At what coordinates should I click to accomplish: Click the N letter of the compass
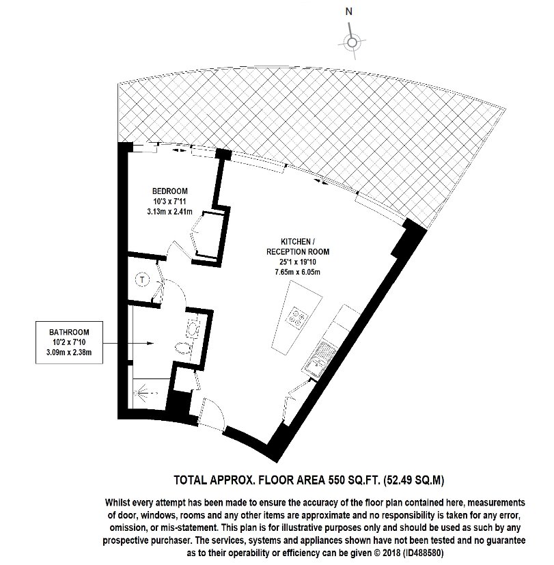(348, 12)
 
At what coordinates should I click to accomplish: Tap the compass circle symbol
(352, 42)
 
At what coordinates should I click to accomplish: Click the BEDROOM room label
(170, 191)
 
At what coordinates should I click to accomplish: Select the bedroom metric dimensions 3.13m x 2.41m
(169, 212)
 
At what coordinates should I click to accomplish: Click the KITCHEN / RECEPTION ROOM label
(298, 247)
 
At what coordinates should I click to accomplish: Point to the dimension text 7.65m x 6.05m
(298, 272)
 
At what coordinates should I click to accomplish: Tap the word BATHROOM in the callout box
(69, 332)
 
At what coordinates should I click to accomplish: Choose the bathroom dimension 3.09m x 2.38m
(69, 352)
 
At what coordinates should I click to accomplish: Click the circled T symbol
(143, 279)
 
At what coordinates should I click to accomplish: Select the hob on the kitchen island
(298, 317)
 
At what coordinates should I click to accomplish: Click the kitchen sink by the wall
(319, 357)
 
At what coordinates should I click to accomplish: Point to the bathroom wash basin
(193, 327)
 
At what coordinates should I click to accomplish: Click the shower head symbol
(143, 392)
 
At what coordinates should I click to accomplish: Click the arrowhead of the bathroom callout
(151, 344)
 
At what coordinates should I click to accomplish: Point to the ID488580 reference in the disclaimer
(423, 553)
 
